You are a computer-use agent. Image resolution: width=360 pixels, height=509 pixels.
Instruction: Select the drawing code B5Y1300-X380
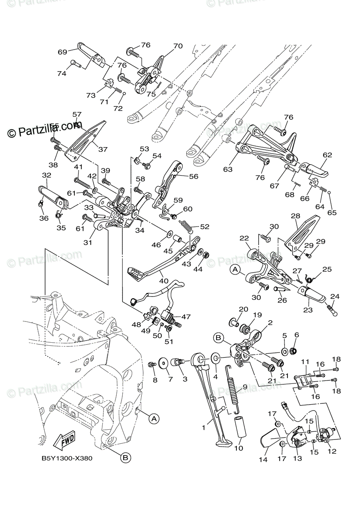point(67,459)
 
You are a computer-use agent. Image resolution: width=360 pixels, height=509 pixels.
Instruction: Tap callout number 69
point(63,52)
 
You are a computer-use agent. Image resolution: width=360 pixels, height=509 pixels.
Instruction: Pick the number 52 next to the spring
point(205,227)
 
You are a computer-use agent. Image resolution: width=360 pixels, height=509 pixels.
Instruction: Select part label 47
point(186,316)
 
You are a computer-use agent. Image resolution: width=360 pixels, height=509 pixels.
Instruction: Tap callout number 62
point(327,155)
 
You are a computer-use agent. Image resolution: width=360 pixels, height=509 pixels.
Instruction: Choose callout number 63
point(228,169)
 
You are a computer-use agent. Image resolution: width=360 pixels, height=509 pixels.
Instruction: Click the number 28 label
point(295,216)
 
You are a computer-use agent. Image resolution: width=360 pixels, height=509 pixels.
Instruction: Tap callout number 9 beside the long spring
point(244,387)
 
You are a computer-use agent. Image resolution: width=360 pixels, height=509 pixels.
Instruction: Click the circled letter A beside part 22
point(235,268)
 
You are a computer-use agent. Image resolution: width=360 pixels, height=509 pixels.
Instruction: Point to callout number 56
point(194,177)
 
